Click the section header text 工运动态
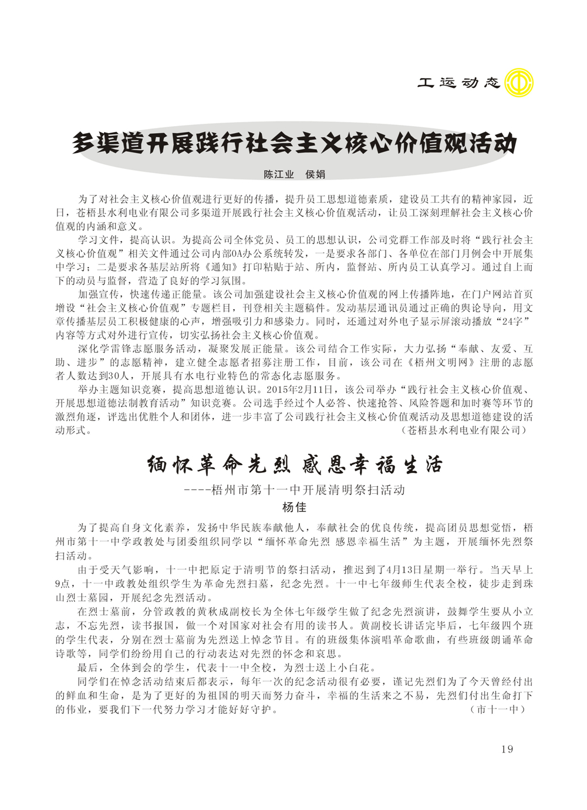coord(458,83)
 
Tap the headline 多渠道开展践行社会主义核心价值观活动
coord(294,144)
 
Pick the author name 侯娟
coord(315,174)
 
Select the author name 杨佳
coord(294,507)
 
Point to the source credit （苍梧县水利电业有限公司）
coord(464,430)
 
